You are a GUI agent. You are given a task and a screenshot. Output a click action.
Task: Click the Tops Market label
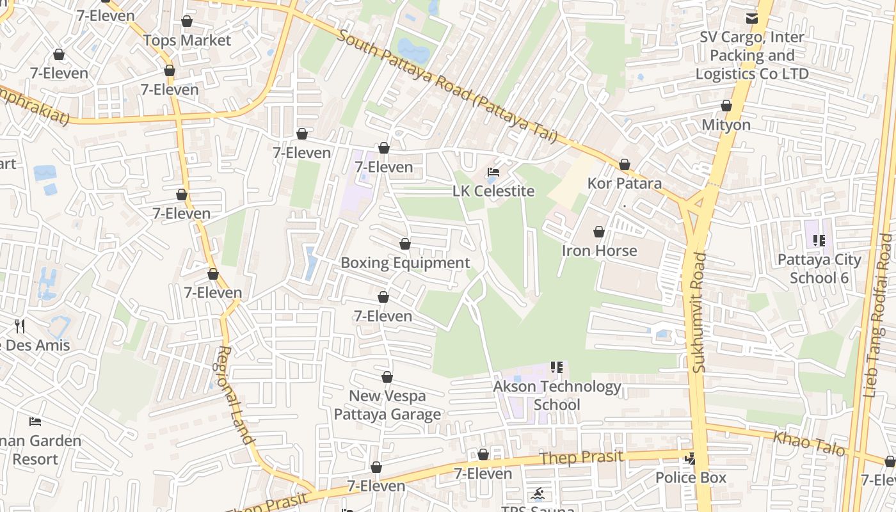pyautogui.click(x=187, y=40)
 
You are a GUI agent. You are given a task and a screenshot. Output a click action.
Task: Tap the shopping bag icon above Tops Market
pyautogui.click(x=187, y=22)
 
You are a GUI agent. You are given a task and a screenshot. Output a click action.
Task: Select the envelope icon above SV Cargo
pyautogui.click(x=751, y=19)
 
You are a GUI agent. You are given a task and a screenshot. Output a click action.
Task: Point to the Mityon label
pyautogui.click(x=726, y=124)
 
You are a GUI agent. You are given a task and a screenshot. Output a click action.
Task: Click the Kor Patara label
pyautogui.click(x=624, y=184)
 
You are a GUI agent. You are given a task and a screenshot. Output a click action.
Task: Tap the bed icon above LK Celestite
pyautogui.click(x=493, y=172)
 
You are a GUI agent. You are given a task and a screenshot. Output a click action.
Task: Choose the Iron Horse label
pyautogui.click(x=599, y=250)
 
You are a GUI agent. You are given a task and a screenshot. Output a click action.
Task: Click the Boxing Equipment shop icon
pyautogui.click(x=404, y=244)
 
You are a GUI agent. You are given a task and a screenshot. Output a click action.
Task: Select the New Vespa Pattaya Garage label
pyautogui.click(x=387, y=405)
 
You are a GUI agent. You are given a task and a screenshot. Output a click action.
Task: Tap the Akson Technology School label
pyautogui.click(x=557, y=396)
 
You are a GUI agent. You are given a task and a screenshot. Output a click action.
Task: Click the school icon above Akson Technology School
pyautogui.click(x=556, y=367)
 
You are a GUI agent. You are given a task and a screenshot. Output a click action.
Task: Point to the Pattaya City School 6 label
pyautogui.click(x=819, y=268)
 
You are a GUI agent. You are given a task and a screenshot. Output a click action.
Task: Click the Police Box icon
pyautogui.click(x=690, y=458)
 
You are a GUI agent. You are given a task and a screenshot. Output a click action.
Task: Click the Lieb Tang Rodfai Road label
pyautogui.click(x=877, y=316)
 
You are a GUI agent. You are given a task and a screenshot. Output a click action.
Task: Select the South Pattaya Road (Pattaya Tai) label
pyautogui.click(x=447, y=86)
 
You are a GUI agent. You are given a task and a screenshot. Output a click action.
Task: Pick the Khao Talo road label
pyautogui.click(x=809, y=443)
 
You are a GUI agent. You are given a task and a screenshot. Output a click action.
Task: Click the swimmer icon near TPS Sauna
pyautogui.click(x=537, y=493)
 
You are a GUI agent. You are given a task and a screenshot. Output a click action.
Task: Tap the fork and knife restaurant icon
pyautogui.click(x=20, y=326)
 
